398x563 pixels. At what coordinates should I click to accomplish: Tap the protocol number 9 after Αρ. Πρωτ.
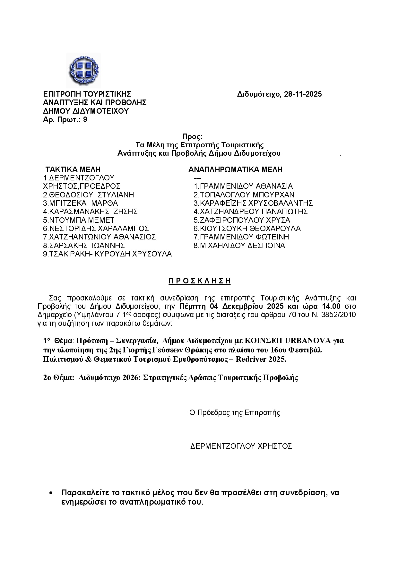[85, 120]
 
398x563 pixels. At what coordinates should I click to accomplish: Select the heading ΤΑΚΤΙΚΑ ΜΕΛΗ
[73, 169]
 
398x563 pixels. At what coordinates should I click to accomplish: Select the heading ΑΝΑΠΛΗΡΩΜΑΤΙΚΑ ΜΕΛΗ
[235, 169]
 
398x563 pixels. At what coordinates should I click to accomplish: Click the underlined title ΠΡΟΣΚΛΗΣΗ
[200, 281]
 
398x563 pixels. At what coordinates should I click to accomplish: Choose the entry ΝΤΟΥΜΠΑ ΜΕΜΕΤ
[82, 220]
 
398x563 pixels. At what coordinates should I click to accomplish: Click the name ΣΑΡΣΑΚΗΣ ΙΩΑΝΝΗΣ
[87, 246]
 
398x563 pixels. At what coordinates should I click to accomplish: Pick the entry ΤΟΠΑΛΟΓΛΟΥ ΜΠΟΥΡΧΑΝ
[247, 195]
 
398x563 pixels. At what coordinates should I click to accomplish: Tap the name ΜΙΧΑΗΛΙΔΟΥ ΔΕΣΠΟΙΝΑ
[242, 246]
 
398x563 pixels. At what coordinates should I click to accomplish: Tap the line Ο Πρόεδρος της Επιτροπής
[235, 413]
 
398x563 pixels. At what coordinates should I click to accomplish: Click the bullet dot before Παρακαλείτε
[51, 493]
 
